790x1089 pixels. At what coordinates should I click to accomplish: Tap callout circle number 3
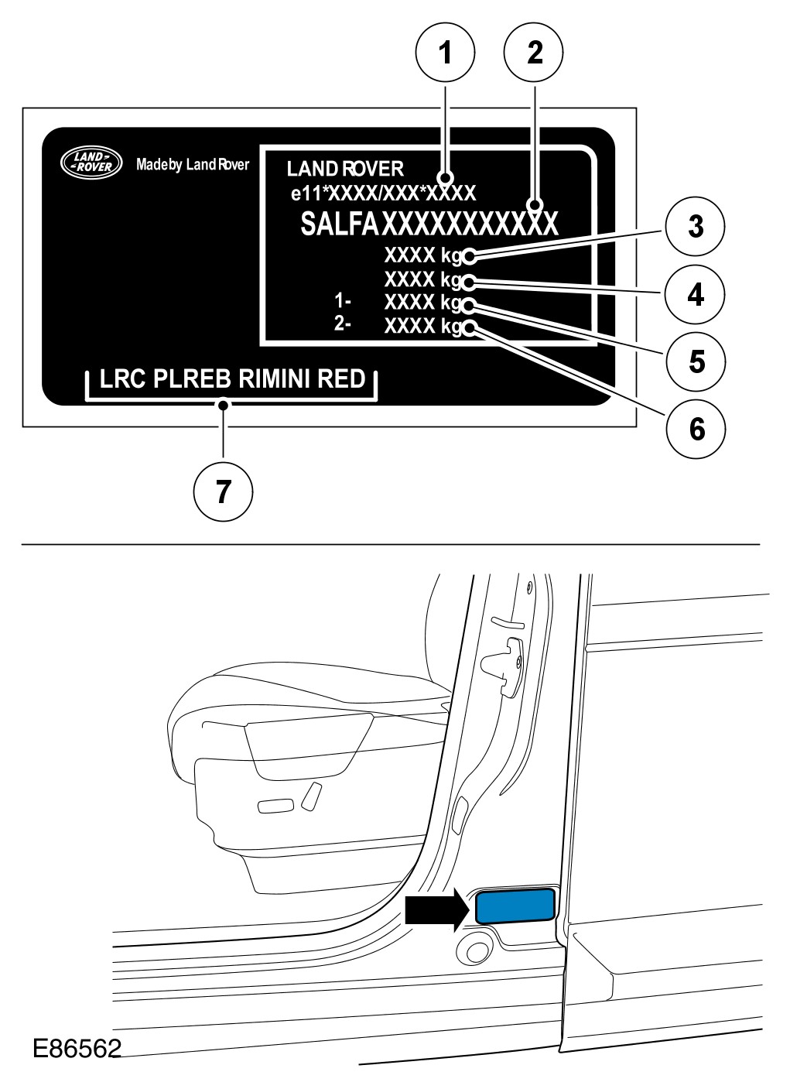coord(696,228)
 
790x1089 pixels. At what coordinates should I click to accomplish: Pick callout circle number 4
coord(696,295)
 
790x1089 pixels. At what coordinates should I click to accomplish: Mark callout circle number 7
coord(223,491)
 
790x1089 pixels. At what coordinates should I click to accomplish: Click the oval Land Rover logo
coord(92,161)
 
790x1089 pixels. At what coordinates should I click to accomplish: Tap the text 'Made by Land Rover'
coord(193,164)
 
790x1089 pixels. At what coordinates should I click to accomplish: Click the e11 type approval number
coord(383,193)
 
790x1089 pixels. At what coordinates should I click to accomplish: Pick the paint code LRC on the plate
coord(123,379)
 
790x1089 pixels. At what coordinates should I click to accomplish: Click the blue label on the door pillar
coord(515,906)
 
